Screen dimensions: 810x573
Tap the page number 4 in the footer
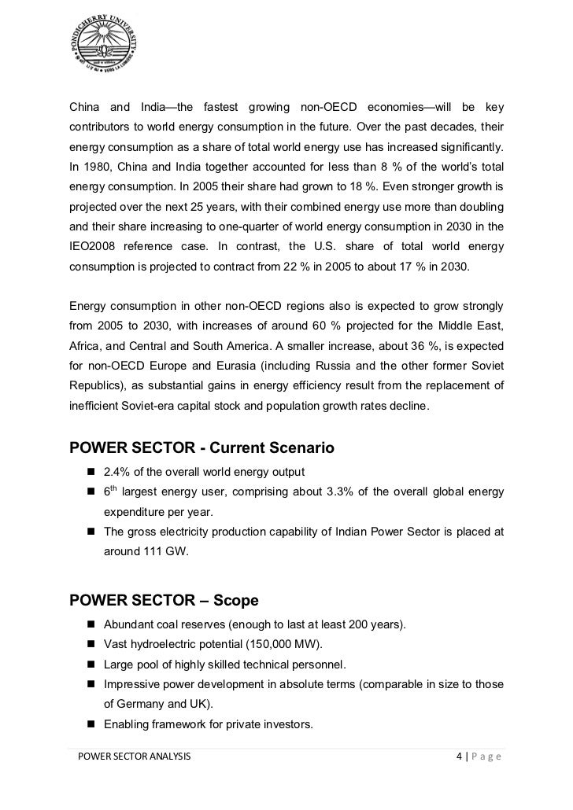tap(459, 757)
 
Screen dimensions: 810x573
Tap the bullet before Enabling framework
tap(91, 721)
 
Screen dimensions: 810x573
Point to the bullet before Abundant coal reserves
tap(91, 624)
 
